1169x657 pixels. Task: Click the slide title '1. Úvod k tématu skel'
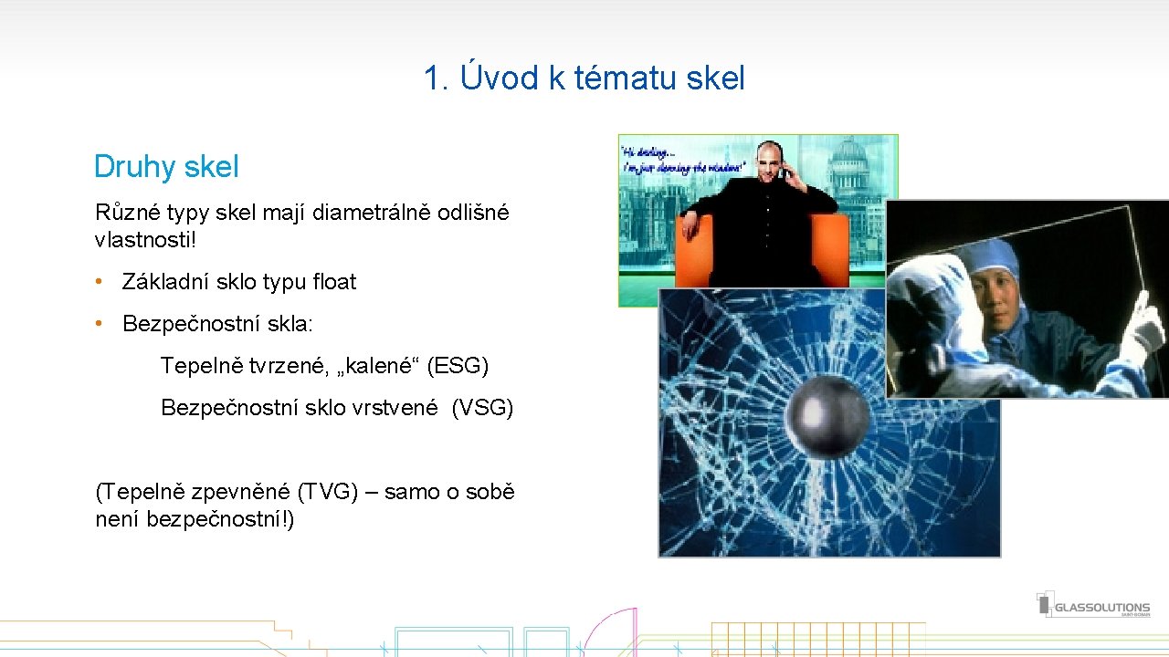coord(584,78)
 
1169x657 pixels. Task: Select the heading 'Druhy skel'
coord(166,167)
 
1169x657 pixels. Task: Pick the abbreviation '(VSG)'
coord(482,408)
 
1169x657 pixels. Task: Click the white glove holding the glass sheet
coord(1142,334)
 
